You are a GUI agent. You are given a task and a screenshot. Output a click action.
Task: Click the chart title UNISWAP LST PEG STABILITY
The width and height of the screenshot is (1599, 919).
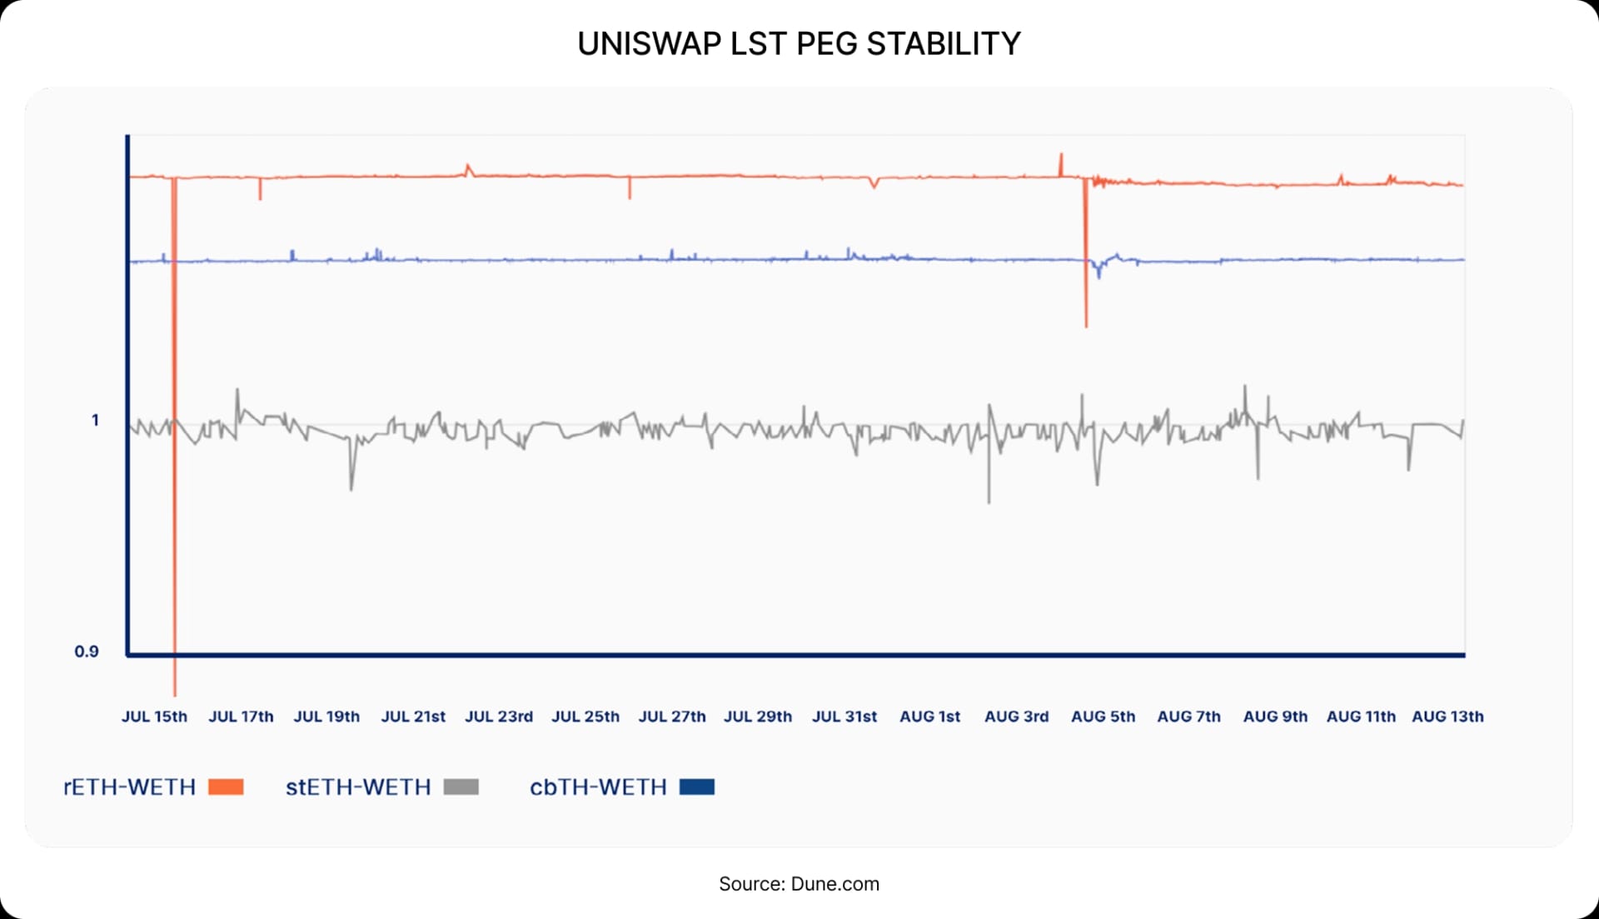pyautogui.click(x=799, y=43)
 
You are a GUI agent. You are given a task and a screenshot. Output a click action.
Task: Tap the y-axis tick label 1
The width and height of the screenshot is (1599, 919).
pyautogui.click(x=95, y=420)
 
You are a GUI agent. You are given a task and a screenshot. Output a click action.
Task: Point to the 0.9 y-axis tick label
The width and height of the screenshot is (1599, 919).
pyautogui.click(x=87, y=652)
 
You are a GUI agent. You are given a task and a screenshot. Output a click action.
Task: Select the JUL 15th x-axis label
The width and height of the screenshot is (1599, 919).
pyautogui.click(x=154, y=717)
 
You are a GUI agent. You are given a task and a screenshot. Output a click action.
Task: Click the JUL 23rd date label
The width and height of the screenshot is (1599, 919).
pyautogui.click(x=498, y=717)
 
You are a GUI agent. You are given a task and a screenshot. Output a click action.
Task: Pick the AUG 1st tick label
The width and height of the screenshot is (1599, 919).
pyautogui.click(x=929, y=717)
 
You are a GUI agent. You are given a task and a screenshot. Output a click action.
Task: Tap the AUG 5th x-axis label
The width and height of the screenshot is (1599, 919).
pyautogui.click(x=1103, y=717)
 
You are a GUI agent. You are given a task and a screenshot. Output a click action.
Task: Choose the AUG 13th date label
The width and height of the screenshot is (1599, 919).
pyautogui.click(x=1447, y=717)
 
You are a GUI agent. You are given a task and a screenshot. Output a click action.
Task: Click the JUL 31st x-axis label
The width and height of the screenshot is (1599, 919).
pyautogui.click(x=844, y=717)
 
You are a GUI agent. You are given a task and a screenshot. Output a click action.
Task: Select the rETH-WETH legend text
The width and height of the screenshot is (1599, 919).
pyautogui.click(x=130, y=787)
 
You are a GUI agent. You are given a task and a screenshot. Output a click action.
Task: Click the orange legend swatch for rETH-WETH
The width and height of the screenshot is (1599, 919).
pyautogui.click(x=226, y=787)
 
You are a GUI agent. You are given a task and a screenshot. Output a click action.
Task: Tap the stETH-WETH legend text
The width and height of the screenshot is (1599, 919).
pyautogui.click(x=358, y=787)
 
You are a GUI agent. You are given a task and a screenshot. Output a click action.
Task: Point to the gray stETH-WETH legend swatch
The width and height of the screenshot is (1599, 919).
pyautogui.click(x=461, y=787)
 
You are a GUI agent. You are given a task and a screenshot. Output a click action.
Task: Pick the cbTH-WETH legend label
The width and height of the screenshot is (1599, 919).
pyautogui.click(x=598, y=787)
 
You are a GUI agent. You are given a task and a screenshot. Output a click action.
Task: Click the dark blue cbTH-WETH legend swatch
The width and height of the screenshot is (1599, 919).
pyautogui.click(x=697, y=787)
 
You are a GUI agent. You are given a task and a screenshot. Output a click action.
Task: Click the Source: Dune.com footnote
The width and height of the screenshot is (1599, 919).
pyautogui.click(x=799, y=884)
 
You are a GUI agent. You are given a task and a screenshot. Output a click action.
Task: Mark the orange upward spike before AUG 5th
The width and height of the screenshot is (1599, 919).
pyautogui.click(x=1061, y=155)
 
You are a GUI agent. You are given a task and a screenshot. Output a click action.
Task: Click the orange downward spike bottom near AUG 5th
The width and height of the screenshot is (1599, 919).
pyautogui.click(x=1086, y=325)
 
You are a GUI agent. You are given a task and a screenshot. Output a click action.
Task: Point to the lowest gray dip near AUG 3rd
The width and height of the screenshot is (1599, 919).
pyautogui.click(x=989, y=502)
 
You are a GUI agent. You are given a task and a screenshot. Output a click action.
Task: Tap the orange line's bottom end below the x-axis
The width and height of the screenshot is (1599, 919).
pyautogui.click(x=175, y=693)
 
